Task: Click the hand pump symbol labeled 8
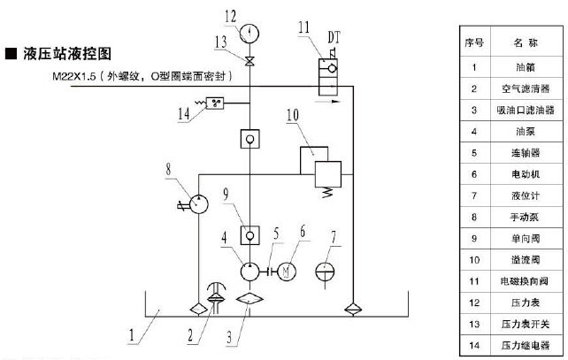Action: point(197,206)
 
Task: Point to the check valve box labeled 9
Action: point(250,235)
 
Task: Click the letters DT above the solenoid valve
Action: point(336,37)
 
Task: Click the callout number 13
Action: point(221,41)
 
